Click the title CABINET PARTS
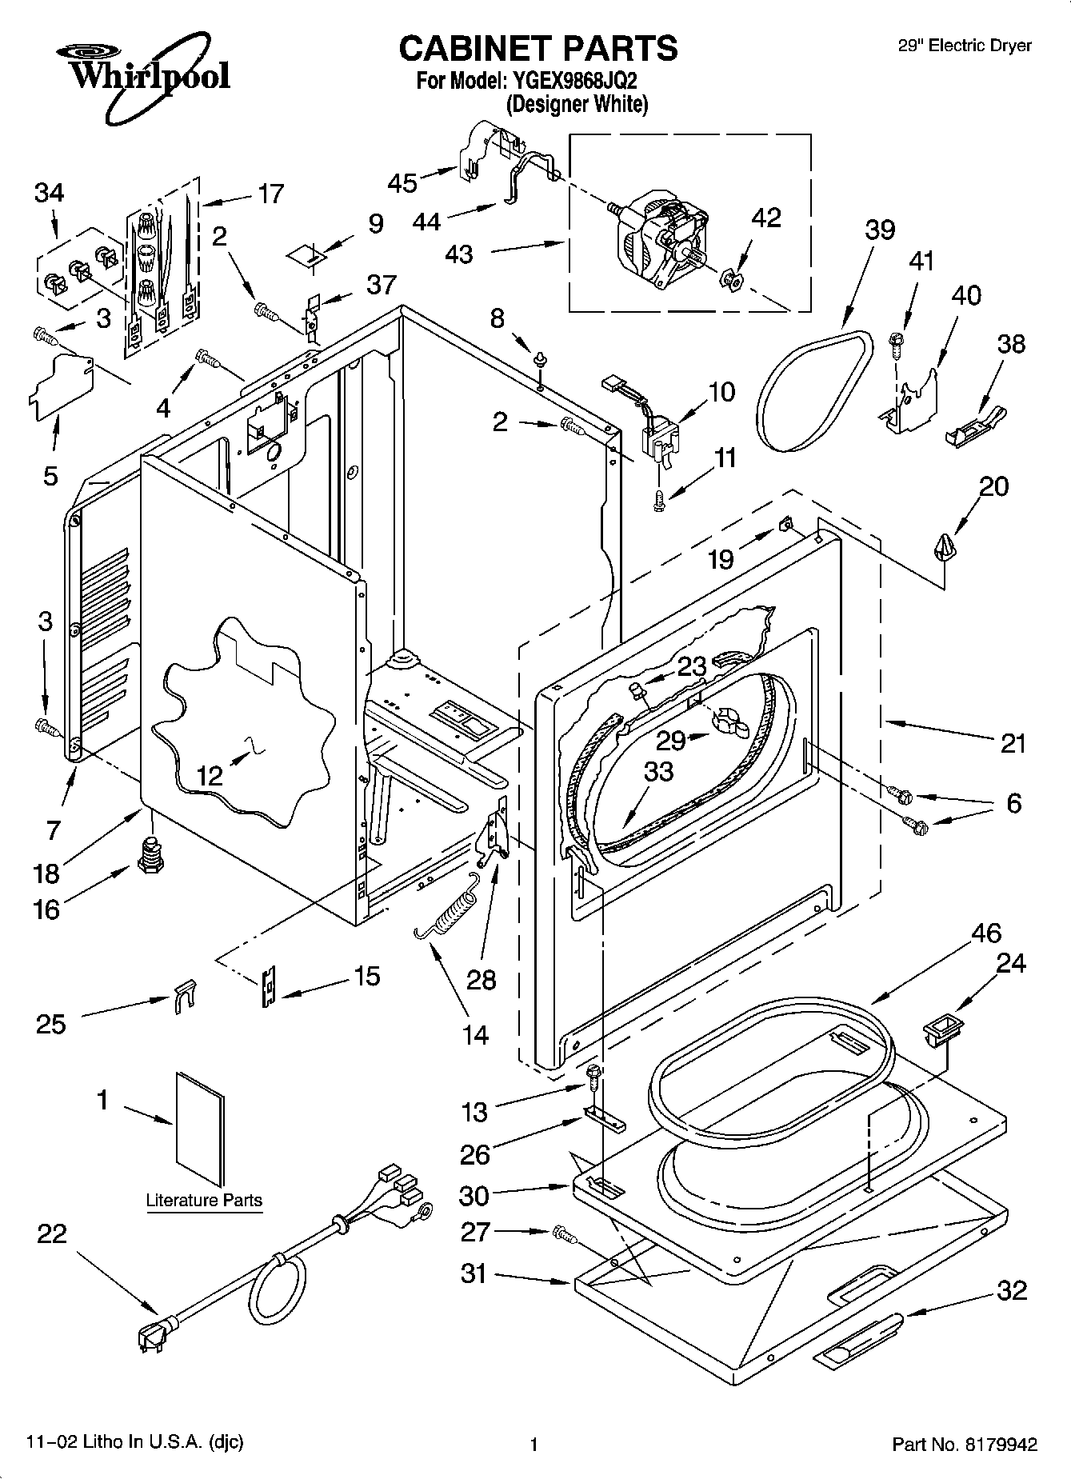tap(537, 49)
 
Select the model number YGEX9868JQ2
tap(573, 81)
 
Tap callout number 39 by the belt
tap(880, 230)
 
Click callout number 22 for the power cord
tap(52, 1234)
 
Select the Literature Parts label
tap(204, 1200)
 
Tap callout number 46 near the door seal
tap(986, 933)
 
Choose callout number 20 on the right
tap(994, 486)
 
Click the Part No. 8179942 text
tap(965, 1445)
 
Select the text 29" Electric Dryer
tap(965, 46)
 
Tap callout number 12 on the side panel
tap(210, 775)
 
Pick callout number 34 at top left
tap(50, 193)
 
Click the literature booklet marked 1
tap(200, 1130)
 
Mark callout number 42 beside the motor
tap(766, 218)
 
